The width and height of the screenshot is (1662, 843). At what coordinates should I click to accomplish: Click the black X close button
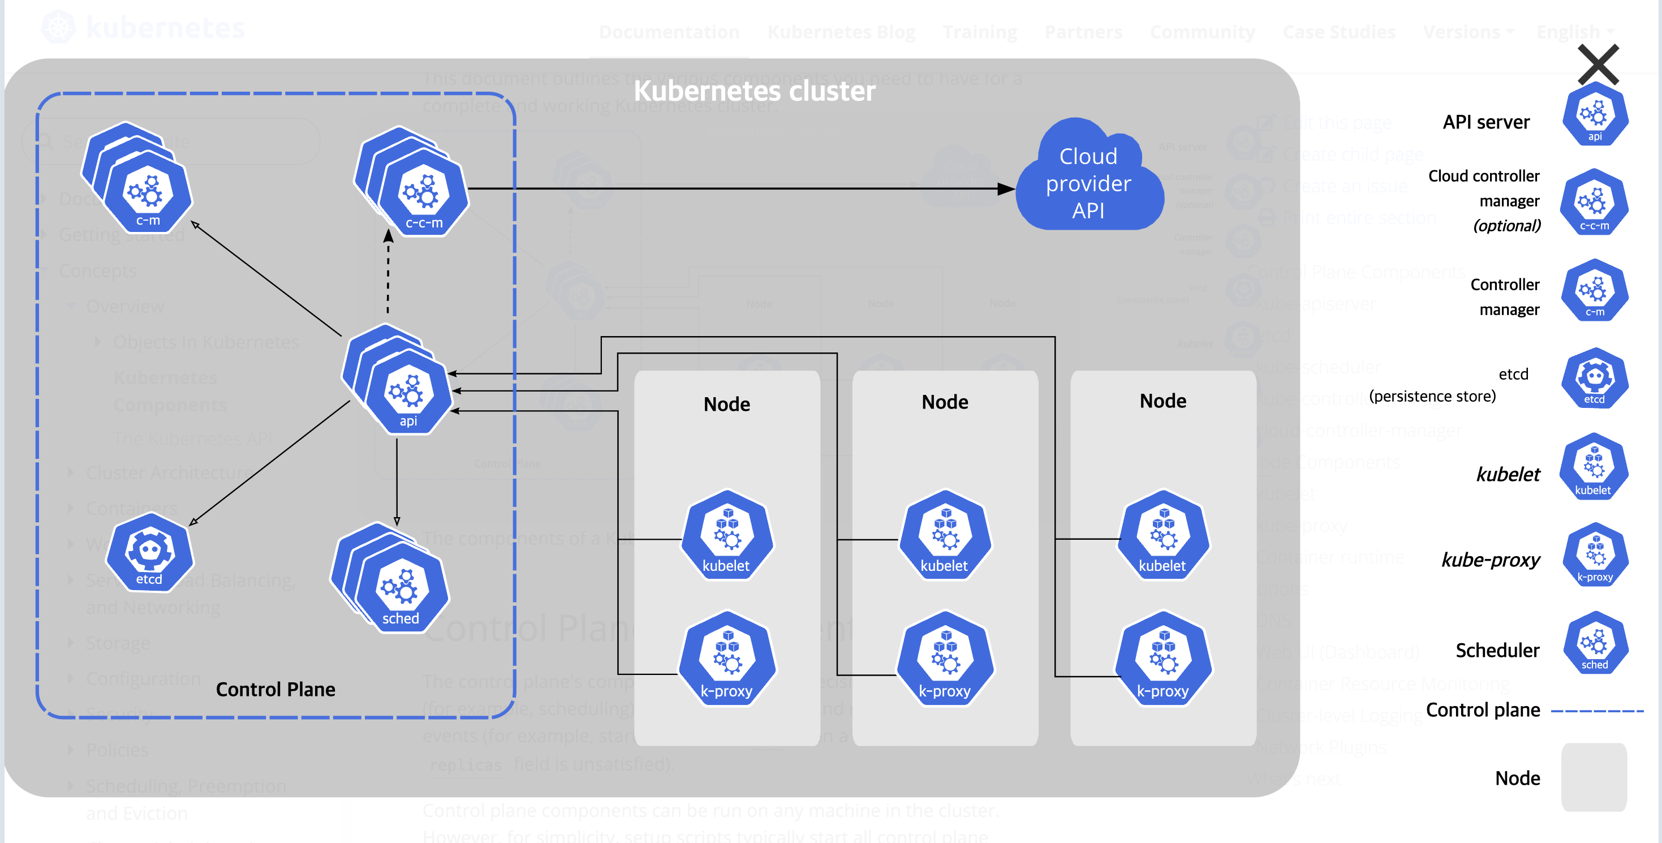[1598, 64]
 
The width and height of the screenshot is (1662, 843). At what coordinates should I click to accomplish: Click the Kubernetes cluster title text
[754, 91]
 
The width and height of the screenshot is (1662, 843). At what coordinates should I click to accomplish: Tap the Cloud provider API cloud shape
[1088, 183]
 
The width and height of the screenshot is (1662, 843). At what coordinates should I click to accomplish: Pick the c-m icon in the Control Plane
[148, 192]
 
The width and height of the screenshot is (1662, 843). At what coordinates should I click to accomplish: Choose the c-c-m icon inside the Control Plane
[423, 193]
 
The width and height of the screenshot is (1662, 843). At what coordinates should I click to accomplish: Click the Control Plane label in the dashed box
[275, 689]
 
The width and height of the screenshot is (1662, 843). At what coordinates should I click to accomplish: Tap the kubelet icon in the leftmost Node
[726, 535]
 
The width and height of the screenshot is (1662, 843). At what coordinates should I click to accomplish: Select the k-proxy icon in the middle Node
[945, 660]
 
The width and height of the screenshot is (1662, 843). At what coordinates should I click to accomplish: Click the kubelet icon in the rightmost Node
[1162, 535]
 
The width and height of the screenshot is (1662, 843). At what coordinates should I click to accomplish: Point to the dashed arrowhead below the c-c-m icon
[389, 236]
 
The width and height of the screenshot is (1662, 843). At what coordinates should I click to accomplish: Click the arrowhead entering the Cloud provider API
[1005, 188]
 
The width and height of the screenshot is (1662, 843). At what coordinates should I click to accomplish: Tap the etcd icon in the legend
[1594, 379]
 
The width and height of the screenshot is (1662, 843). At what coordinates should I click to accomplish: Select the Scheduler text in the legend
[1497, 650]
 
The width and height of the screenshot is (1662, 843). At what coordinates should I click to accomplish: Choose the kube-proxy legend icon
[1595, 554]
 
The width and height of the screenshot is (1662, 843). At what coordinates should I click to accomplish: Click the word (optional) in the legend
[1506, 226]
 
